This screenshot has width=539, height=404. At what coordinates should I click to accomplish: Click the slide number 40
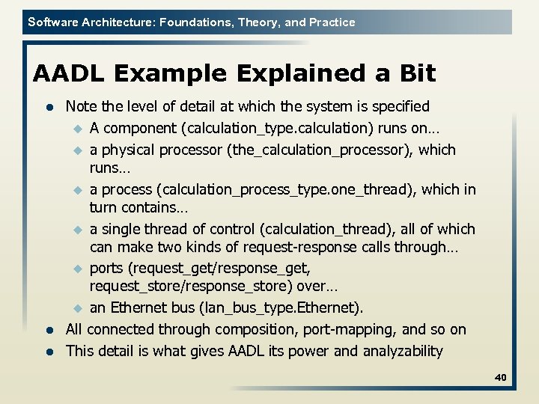[500, 378]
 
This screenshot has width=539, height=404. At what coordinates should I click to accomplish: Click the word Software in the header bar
[52, 22]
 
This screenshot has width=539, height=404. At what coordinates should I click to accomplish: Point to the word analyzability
[403, 351]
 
